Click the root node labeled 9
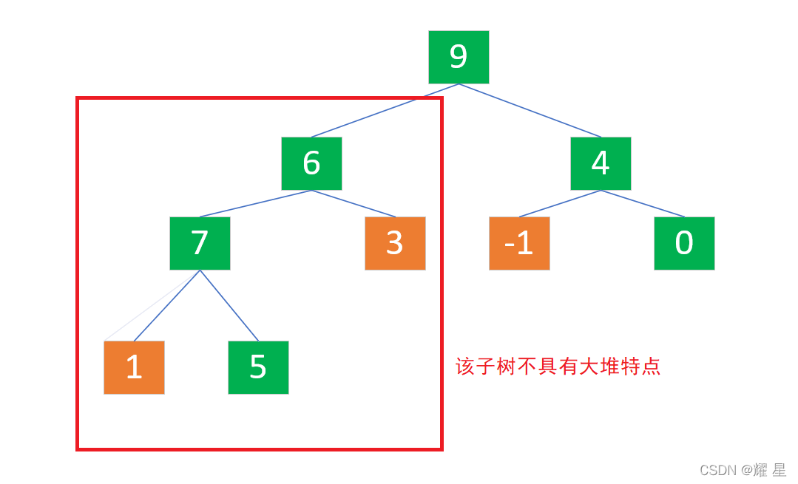click(459, 57)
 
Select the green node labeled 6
click(311, 163)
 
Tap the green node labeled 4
click(601, 163)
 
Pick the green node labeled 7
click(200, 243)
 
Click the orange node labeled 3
click(395, 243)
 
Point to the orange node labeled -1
click(519, 243)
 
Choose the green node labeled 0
click(684, 243)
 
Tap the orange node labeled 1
click(134, 367)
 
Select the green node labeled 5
click(258, 367)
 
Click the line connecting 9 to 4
click(530, 110)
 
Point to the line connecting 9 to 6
click(385, 110)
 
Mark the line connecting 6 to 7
click(255, 203)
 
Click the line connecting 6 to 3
click(354, 203)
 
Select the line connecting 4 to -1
click(560, 203)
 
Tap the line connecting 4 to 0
click(643, 203)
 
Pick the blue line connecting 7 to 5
click(229, 305)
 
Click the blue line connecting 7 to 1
click(166, 305)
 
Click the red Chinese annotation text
click(558, 367)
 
